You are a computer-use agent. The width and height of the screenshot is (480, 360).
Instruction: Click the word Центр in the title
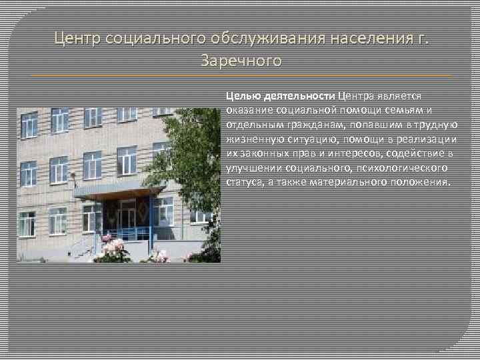77,38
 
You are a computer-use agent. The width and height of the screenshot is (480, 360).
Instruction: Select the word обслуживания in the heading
257,38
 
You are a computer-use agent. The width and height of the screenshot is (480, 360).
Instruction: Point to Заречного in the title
241,61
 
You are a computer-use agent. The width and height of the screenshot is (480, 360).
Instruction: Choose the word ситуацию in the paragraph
309,139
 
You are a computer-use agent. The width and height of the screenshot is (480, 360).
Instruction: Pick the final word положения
422,182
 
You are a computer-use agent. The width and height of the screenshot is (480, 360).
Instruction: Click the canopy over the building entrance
119,191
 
